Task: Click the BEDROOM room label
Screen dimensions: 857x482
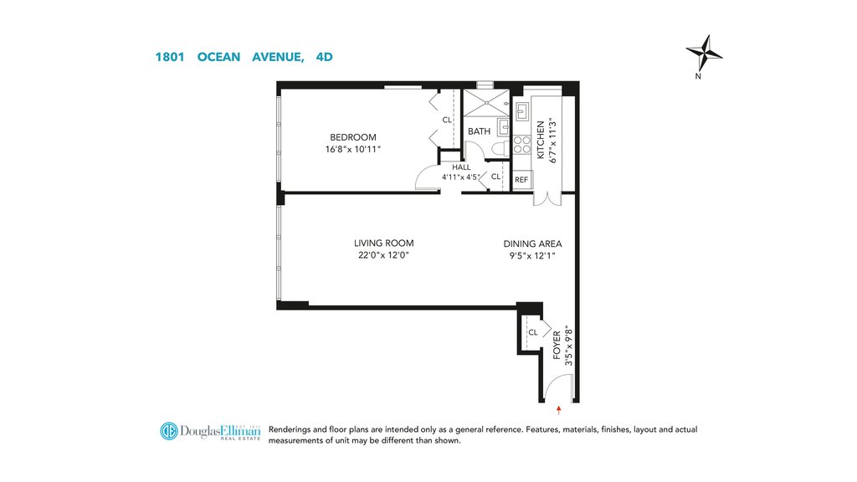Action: (353, 137)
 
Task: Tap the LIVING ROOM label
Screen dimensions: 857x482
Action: (383, 244)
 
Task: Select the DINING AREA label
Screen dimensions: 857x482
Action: (532, 244)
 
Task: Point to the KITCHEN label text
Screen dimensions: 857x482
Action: (541, 140)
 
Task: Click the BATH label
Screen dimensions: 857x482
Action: (479, 131)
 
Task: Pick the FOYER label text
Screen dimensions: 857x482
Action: (557, 345)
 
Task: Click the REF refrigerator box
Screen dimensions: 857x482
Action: (521, 179)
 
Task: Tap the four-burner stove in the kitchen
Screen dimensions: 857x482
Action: (521, 145)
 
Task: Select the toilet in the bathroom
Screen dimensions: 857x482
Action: (500, 148)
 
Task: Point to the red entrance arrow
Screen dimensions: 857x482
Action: (558, 410)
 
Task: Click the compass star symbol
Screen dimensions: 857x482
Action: (705, 53)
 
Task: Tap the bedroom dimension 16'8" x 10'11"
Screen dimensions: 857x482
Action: (353, 149)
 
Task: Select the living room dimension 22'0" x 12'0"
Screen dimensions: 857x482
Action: (383, 254)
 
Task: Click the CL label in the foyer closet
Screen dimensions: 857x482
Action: (533, 332)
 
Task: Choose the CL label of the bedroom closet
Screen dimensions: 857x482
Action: (447, 120)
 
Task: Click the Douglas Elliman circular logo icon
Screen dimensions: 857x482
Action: (169, 431)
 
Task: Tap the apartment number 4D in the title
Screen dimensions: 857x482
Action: (324, 57)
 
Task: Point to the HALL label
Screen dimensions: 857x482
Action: (461, 167)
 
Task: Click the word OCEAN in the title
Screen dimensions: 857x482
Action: (218, 57)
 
